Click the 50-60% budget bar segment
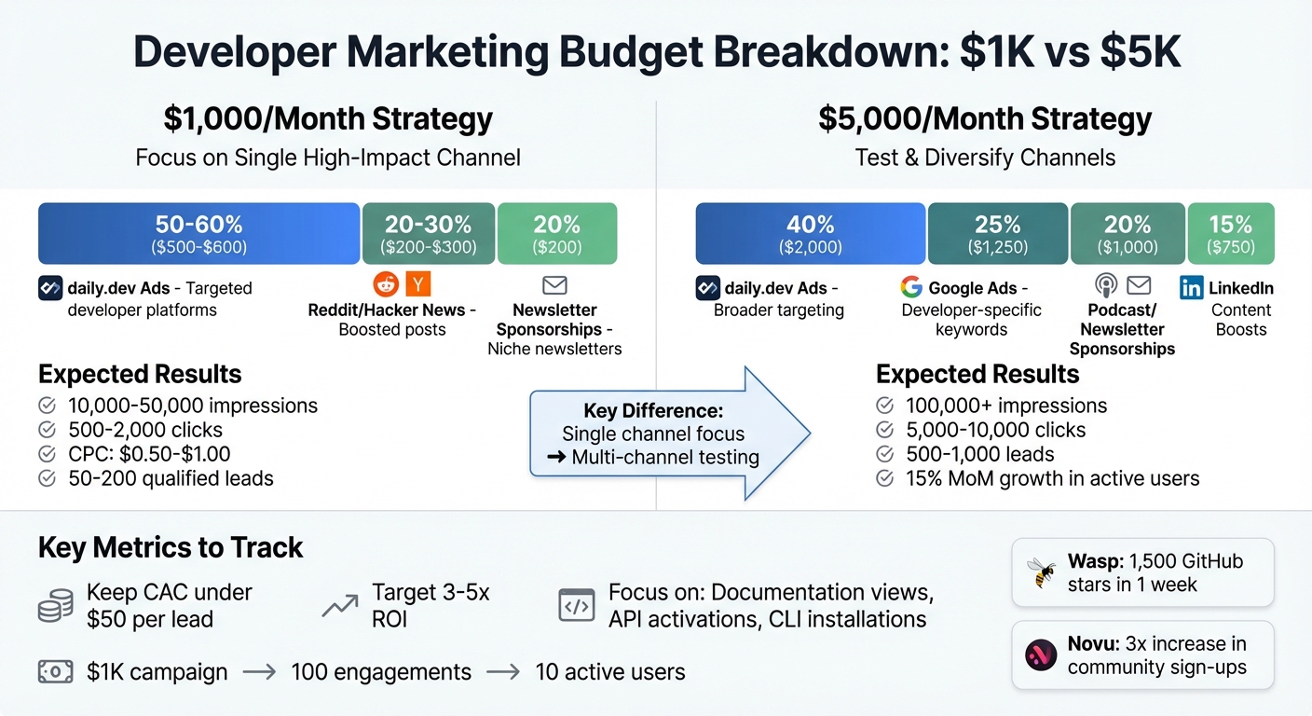tap(198, 233)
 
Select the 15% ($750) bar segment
tap(1230, 233)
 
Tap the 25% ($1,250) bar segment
tap(997, 233)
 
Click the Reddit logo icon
tap(385, 284)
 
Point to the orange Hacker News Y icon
tap(418, 284)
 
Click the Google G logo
tap(910, 287)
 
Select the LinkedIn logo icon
tap(1191, 287)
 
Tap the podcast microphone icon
tap(1106, 285)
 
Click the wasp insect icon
tap(1040, 571)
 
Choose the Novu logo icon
tap(1040, 654)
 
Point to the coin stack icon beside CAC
tap(55, 606)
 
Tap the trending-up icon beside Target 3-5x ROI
tap(339, 606)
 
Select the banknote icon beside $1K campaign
tap(55, 671)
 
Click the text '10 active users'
tap(610, 671)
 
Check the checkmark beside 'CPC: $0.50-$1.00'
tap(47, 454)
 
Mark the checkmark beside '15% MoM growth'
tap(884, 478)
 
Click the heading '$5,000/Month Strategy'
tap(985, 119)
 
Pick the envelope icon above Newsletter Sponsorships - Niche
tap(554, 285)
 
